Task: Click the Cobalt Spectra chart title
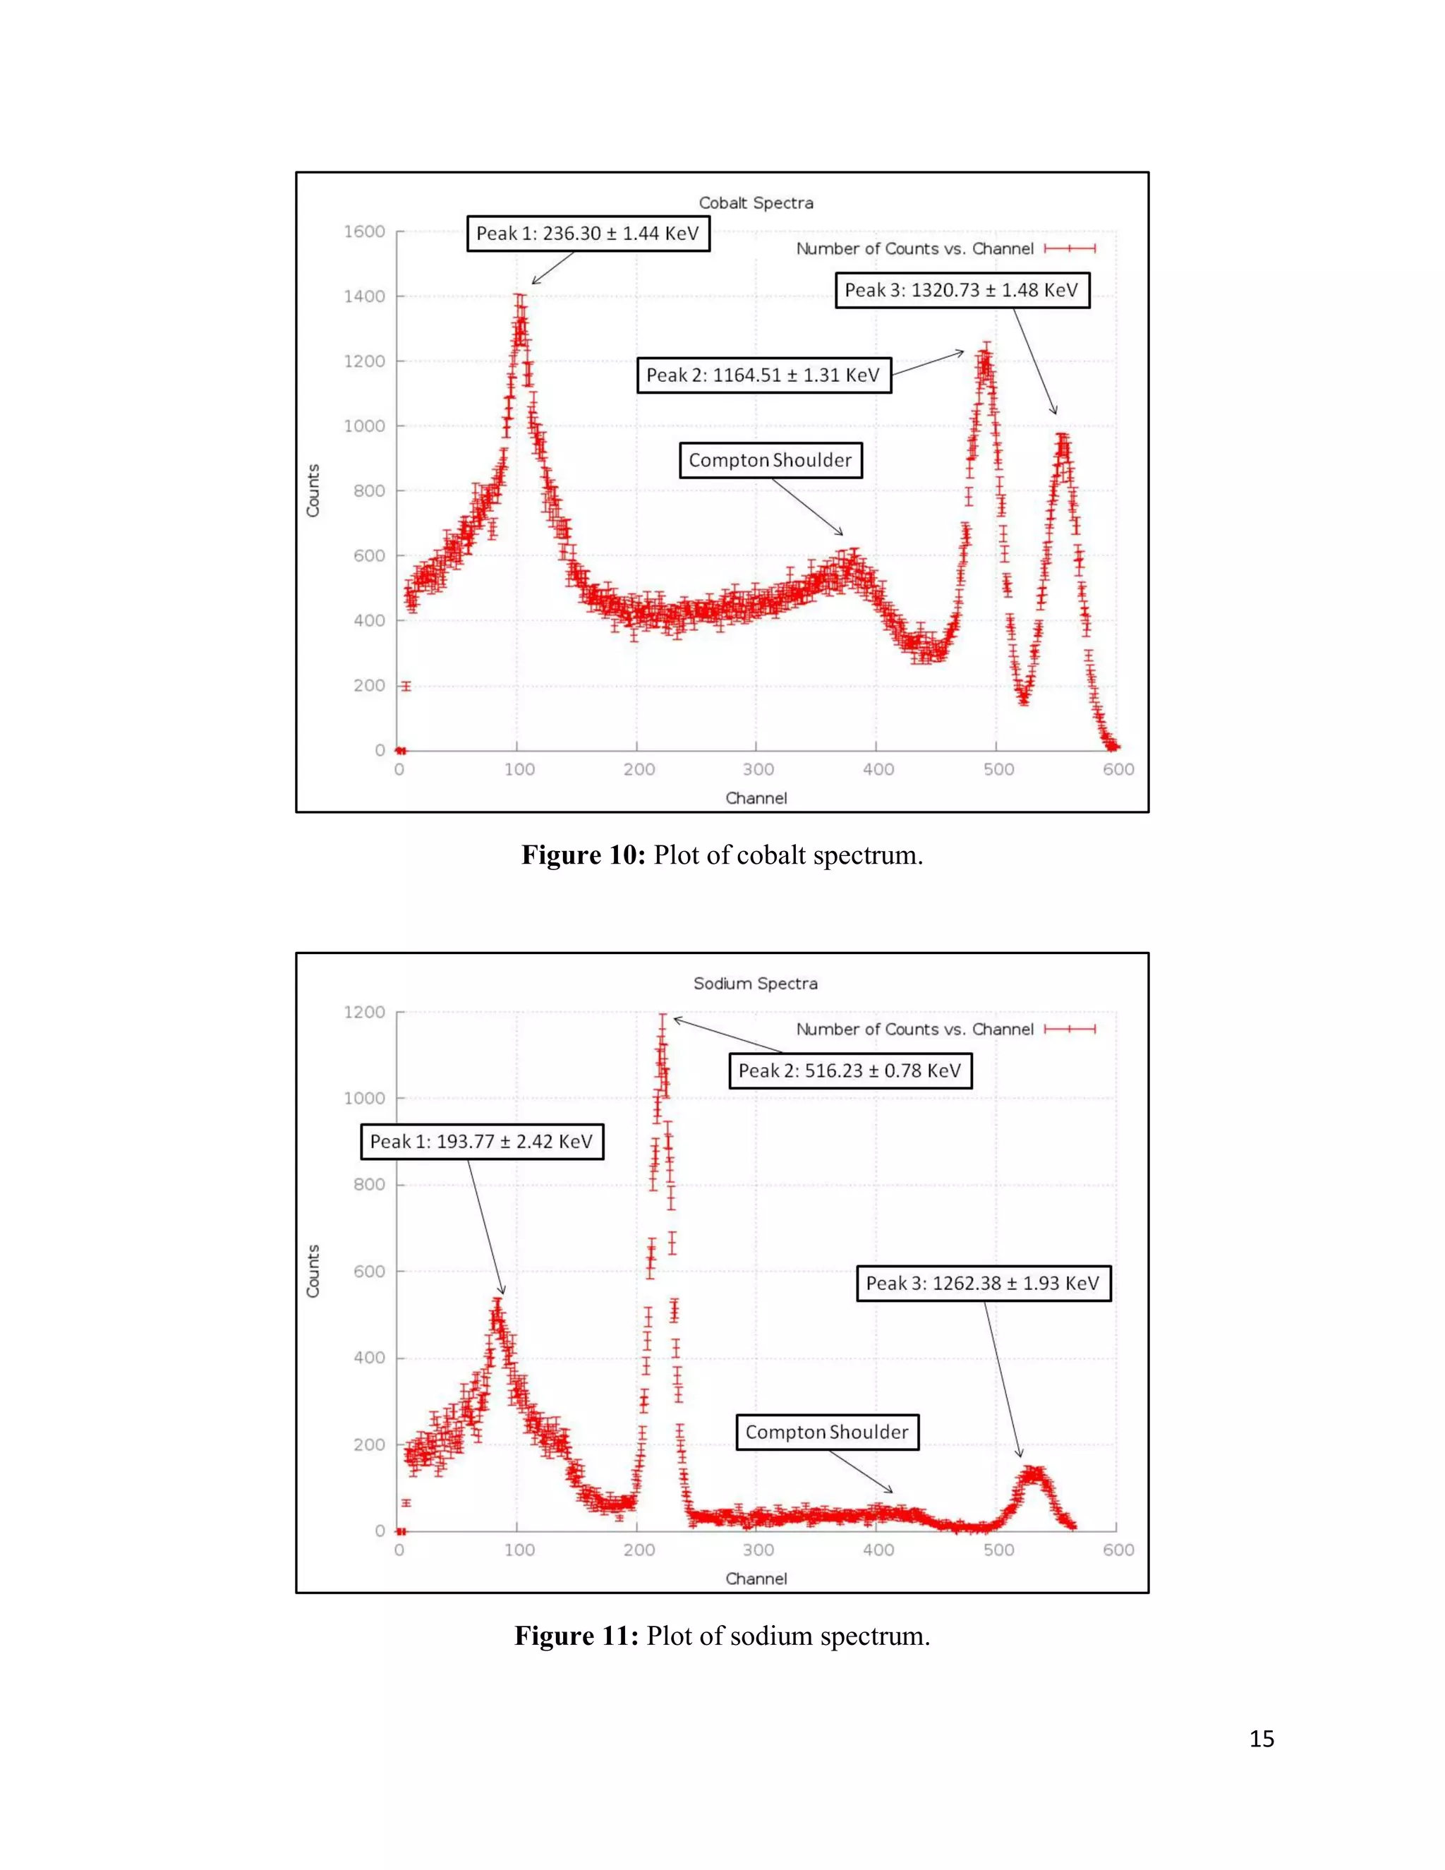756,203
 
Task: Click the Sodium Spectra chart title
755,983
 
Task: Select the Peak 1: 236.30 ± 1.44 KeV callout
588,234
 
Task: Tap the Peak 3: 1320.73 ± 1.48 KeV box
962,290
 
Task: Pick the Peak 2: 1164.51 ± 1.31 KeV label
763,375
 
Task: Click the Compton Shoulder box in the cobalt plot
770,460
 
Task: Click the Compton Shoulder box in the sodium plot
826,1432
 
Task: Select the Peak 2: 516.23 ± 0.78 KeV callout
850,1070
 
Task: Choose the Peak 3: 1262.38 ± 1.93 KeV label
983,1283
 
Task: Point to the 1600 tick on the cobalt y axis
365,232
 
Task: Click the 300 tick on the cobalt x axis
758,770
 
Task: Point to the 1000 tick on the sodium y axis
365,1099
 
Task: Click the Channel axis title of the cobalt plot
756,798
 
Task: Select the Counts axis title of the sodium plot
313,1271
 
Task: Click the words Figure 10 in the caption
583,855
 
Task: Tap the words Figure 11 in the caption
576,1636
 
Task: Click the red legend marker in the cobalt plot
1069,248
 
